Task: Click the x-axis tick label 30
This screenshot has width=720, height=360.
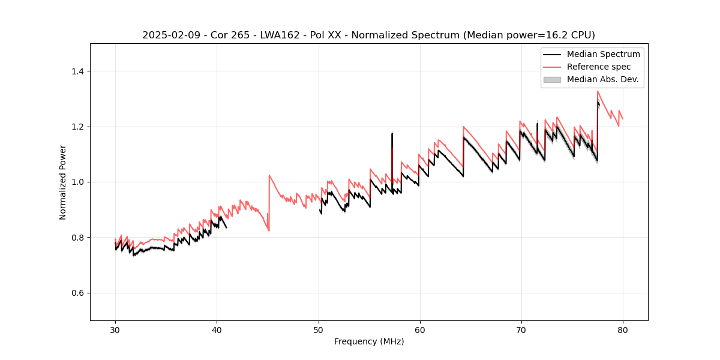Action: pyautogui.click(x=115, y=329)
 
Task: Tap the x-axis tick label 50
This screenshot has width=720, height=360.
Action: pyautogui.click(x=318, y=329)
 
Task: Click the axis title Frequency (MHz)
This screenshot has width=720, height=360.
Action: pyautogui.click(x=369, y=341)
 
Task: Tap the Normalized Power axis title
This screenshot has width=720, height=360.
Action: pyautogui.click(x=63, y=182)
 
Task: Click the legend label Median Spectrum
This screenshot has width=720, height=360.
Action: pyautogui.click(x=603, y=54)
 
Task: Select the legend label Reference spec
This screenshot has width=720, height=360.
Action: pyautogui.click(x=599, y=67)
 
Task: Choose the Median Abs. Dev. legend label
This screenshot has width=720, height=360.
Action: pyautogui.click(x=602, y=79)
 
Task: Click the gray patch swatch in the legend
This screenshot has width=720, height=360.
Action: pyautogui.click(x=551, y=79)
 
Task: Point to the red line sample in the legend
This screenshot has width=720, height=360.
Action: pyautogui.click(x=551, y=67)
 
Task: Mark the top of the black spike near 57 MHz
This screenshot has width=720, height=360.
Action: pyautogui.click(x=392, y=133)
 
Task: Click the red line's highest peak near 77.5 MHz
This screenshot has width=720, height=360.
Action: pyautogui.click(x=598, y=91)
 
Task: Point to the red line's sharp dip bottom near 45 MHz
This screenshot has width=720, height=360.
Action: pyautogui.click(x=269, y=230)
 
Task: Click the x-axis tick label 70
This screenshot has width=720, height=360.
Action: pyautogui.click(x=521, y=329)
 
